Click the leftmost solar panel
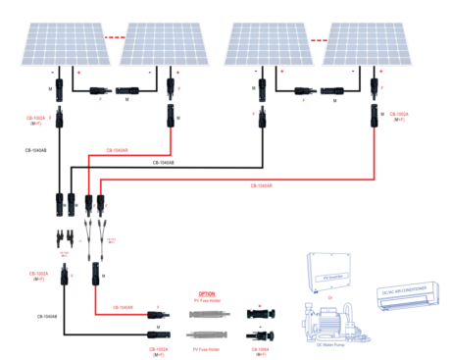[x=59, y=38]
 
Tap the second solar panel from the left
[x=162, y=38]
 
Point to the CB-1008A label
[x=260, y=347]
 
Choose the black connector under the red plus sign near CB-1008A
[x=261, y=317]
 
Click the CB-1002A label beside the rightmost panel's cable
[x=398, y=118]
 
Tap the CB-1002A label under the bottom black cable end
[x=157, y=349]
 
